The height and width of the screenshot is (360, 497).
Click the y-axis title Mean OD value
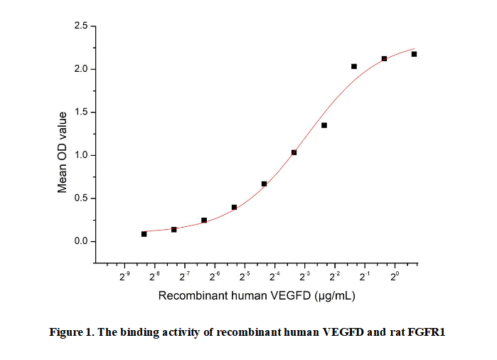63,152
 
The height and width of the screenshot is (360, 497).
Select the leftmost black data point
144,233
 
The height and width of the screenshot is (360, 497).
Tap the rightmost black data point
414,54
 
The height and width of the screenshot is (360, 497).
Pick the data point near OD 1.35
324,125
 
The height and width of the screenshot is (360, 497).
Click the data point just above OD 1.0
294,152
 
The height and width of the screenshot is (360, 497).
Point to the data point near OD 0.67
264,184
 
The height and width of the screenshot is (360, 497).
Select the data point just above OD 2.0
354,66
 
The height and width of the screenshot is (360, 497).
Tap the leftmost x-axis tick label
124,276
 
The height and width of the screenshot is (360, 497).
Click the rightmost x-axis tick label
395,276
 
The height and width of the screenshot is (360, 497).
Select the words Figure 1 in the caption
73,332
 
